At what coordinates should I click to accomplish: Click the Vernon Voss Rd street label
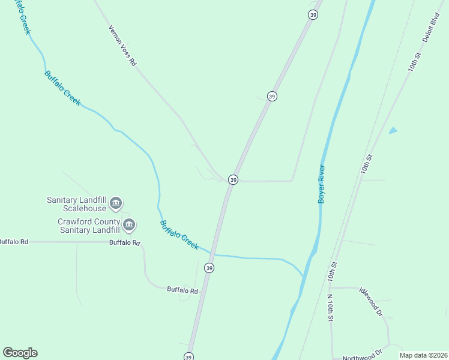(x=122, y=46)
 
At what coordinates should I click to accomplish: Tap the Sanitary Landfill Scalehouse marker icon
(x=116, y=205)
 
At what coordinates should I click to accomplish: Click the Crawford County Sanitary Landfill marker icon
(x=129, y=225)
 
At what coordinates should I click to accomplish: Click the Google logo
(x=20, y=353)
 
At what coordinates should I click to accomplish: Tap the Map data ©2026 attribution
(x=423, y=355)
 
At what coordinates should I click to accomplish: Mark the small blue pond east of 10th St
(x=393, y=130)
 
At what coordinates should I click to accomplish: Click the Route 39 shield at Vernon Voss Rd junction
(x=234, y=179)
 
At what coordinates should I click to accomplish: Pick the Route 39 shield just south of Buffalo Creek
(x=209, y=268)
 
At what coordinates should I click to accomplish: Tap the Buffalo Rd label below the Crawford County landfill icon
(x=124, y=243)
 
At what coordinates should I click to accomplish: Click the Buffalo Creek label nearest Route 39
(x=179, y=235)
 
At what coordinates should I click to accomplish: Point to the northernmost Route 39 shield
(x=313, y=14)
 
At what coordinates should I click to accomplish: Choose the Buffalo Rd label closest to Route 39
(x=182, y=290)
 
